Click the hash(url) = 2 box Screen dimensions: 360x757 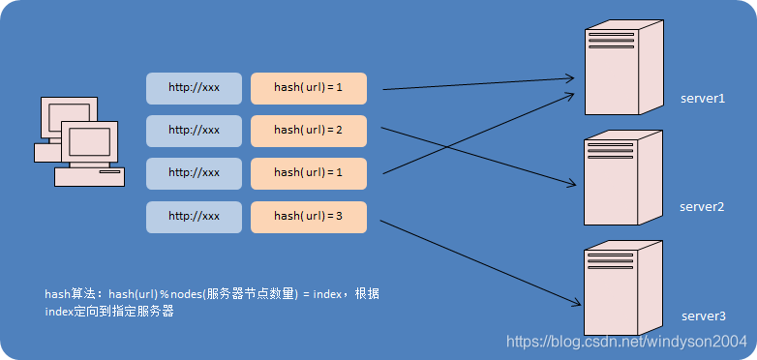(309, 130)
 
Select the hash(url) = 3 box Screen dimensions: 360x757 (309, 216)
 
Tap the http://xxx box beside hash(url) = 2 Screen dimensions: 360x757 (194, 130)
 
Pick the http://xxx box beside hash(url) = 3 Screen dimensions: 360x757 (194, 216)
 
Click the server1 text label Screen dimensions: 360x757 (702, 99)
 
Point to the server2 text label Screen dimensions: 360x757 (702, 207)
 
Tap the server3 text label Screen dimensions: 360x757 (702, 316)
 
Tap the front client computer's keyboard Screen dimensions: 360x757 (89, 177)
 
